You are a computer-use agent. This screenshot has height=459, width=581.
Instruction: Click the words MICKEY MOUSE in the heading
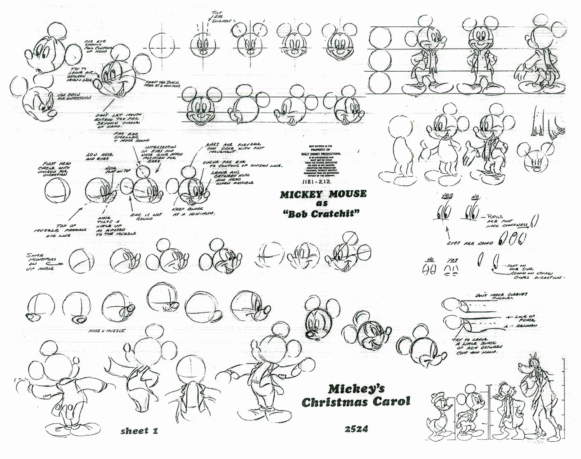tap(322, 194)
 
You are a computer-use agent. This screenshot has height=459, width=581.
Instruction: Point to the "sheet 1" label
tap(139, 431)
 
